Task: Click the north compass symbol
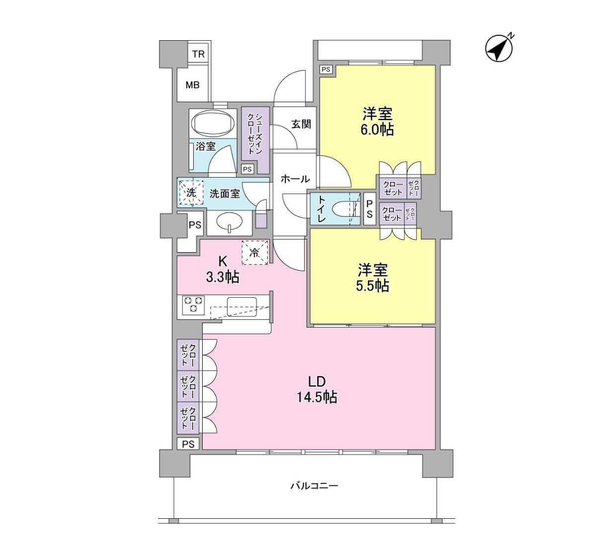[499, 48]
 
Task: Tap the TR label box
[198, 54]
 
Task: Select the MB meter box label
[192, 85]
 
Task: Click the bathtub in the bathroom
[214, 124]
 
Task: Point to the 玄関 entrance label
[301, 124]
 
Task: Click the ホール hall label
[296, 179]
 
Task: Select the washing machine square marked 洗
[191, 192]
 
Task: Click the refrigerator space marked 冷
[254, 252]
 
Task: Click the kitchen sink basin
[242, 307]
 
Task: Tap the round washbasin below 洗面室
[229, 222]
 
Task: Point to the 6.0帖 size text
[377, 130]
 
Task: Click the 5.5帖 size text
[372, 286]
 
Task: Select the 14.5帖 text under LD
[317, 398]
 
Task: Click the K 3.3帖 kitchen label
[223, 270]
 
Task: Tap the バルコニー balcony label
[314, 486]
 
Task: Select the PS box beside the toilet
[370, 209]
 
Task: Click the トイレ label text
[321, 209]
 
